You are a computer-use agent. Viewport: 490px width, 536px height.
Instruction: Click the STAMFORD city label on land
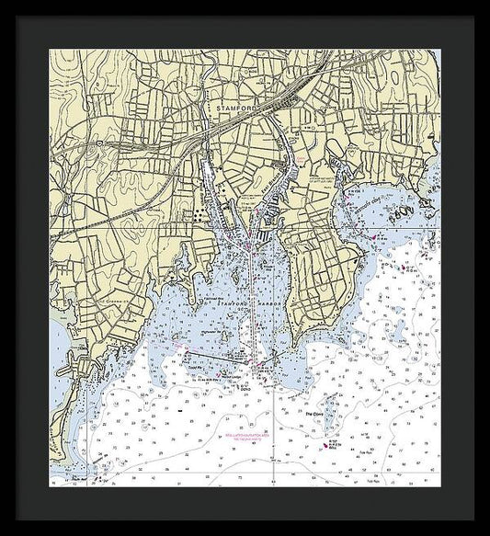coord(233,108)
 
